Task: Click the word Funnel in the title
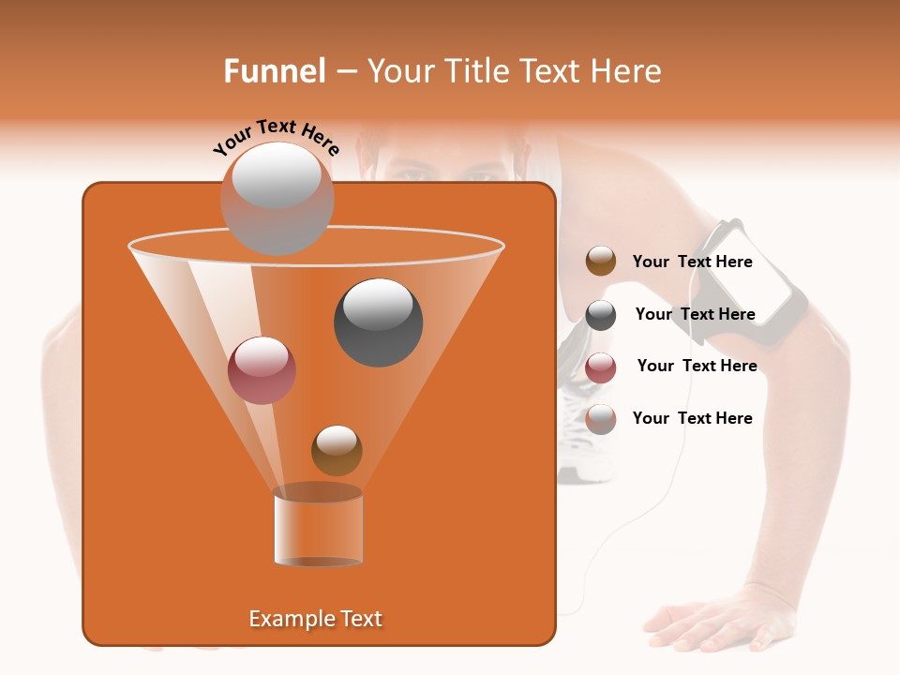[x=274, y=71]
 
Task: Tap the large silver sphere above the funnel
[x=277, y=198]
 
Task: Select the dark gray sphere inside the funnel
[x=378, y=322]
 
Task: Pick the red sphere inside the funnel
[x=262, y=370]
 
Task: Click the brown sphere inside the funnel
[x=337, y=450]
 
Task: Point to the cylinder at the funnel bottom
[x=318, y=528]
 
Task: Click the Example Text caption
[x=315, y=619]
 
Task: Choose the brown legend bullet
[x=601, y=262]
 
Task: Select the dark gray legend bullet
[x=601, y=315]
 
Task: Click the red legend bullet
[x=601, y=367]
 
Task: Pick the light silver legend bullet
[x=601, y=419]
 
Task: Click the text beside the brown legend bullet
[x=692, y=262]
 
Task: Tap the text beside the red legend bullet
[x=697, y=366]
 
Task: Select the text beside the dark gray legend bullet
[x=695, y=314]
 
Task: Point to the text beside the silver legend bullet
[x=692, y=418]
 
